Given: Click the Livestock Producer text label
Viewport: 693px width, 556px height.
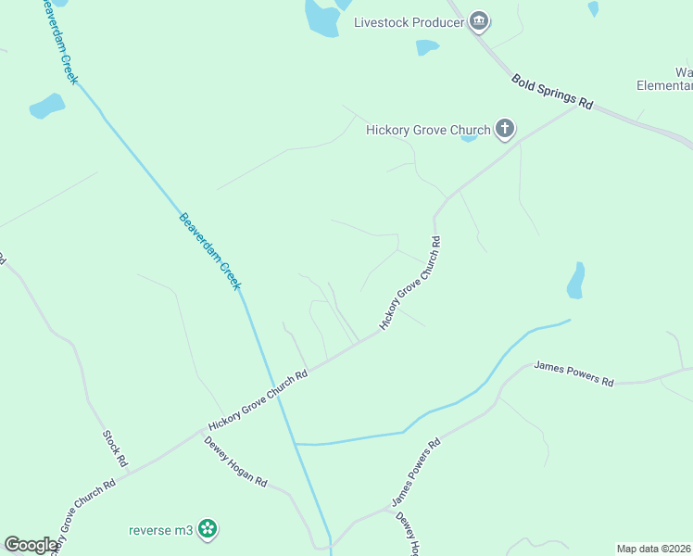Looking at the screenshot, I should point(409,21).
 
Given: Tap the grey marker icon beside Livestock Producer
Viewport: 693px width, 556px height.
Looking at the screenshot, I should point(479,21).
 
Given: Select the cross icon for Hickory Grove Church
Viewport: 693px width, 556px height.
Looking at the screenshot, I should point(505,129).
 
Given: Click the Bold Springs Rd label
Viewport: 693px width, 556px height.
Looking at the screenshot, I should point(551,91).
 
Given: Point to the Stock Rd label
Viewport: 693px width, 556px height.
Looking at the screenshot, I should point(115,448).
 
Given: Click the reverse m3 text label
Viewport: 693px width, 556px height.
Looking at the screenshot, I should point(160,529).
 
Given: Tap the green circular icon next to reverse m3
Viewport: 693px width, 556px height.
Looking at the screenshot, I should point(208,529).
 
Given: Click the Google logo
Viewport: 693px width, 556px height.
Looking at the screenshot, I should point(31,545).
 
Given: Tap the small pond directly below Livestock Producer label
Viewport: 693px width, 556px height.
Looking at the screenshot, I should point(427,46).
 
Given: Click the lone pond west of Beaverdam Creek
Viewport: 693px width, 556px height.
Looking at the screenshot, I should point(46,107).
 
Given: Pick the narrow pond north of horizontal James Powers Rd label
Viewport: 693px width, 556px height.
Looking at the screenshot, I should point(576,280).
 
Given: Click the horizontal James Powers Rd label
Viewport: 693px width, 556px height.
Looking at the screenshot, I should point(573,374).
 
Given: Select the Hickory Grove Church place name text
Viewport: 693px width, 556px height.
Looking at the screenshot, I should point(428,130).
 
